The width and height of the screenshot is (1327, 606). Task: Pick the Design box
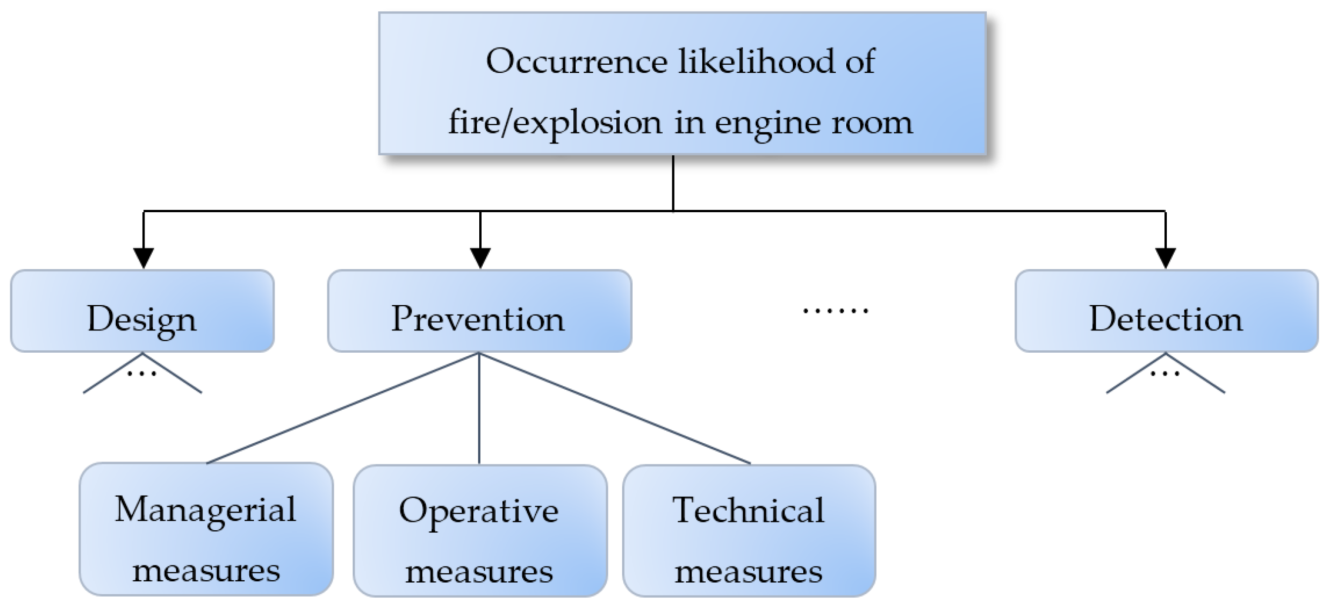coord(142,311)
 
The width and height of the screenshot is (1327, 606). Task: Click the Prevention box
coord(479,311)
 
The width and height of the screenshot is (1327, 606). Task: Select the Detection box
coord(1166,311)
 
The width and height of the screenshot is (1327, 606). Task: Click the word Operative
coord(479,511)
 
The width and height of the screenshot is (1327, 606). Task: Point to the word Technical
coord(748,510)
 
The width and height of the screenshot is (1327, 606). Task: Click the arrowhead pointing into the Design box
coord(143,258)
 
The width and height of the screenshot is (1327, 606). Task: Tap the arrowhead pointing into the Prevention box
coord(480,258)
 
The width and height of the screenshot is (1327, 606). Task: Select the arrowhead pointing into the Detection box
coord(1166,258)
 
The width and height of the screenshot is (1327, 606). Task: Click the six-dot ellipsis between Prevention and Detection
coord(835,310)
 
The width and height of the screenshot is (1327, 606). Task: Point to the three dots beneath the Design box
coord(141,373)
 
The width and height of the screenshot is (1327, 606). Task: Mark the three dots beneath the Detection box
coord(1165,373)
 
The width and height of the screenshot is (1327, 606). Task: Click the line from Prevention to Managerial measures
coord(343,408)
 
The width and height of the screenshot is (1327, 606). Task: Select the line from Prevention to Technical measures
coord(615,408)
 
